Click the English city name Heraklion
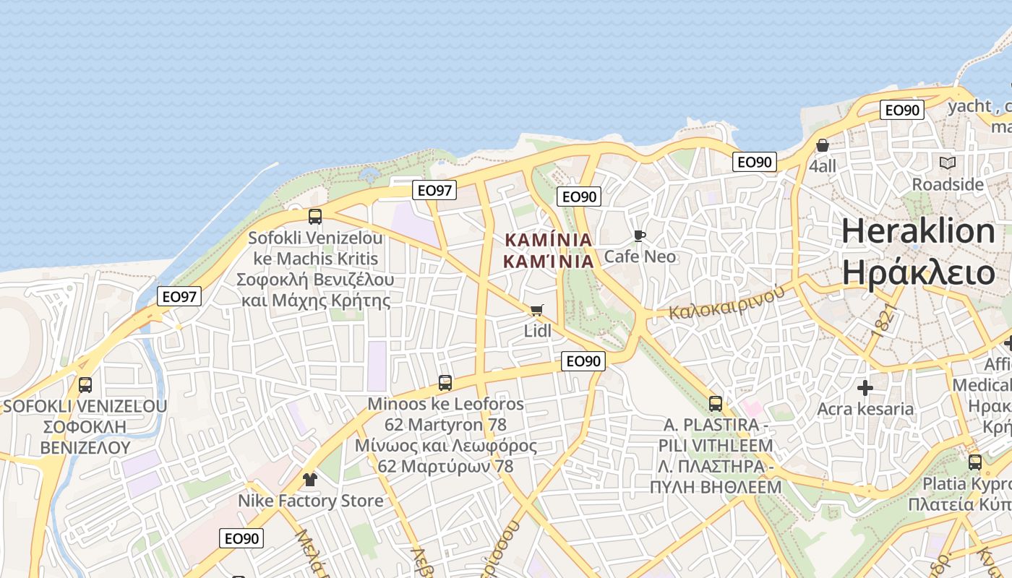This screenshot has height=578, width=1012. point(918,231)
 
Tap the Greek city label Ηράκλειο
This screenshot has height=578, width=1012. point(918,273)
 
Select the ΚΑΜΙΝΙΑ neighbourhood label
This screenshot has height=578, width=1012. point(549,250)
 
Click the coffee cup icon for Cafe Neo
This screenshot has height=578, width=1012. point(639,236)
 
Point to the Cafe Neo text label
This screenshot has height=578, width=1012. point(640,256)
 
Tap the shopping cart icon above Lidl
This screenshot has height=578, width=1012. point(536,310)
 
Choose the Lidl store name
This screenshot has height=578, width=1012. point(537,331)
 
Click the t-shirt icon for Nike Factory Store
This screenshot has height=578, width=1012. point(310,480)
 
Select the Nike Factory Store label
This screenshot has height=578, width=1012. point(311,501)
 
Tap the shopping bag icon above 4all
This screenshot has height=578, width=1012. point(822,146)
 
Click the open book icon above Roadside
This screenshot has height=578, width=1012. point(947,163)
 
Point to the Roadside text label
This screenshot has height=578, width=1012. point(948,184)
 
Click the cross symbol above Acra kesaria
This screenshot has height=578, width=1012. point(865,388)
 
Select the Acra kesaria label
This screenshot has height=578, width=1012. point(865,409)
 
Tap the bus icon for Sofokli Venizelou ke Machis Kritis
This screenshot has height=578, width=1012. point(314,216)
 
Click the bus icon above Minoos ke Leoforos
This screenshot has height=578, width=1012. point(445,383)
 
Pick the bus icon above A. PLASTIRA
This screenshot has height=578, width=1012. point(715,404)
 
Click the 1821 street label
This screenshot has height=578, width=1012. point(884,319)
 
